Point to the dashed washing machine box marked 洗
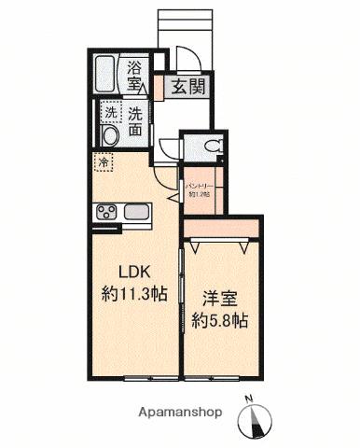[111, 113]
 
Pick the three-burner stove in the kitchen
[104, 211]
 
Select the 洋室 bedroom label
[220, 302]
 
